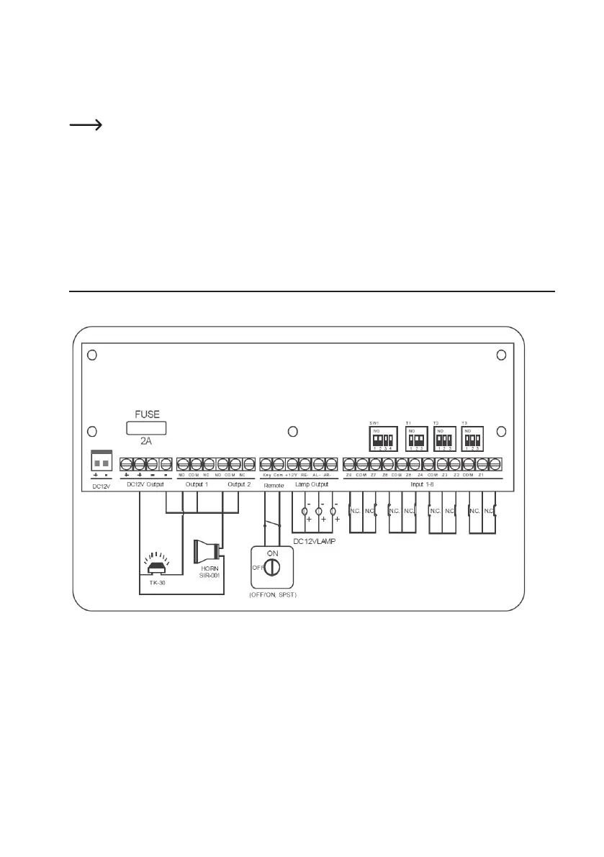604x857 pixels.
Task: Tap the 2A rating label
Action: [146, 441]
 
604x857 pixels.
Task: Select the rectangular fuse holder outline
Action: [147, 428]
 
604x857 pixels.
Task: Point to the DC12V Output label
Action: [145, 484]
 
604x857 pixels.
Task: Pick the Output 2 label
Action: [238, 484]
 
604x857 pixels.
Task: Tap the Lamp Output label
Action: [312, 485]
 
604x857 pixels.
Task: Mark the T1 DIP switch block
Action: [416, 437]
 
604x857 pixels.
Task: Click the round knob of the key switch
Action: [271, 568]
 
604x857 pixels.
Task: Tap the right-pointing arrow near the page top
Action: [84, 125]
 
